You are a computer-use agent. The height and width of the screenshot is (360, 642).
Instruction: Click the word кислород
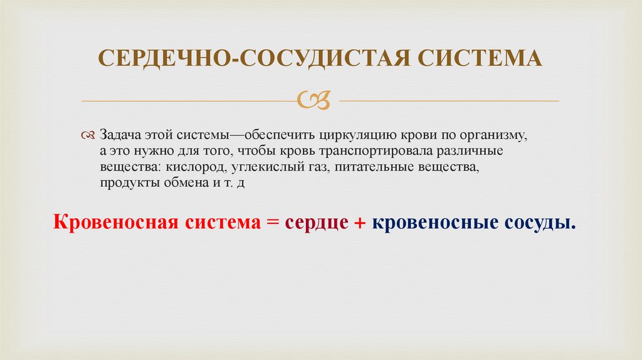pos(195,168)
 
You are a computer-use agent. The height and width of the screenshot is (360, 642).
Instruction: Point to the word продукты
pos(124,183)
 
